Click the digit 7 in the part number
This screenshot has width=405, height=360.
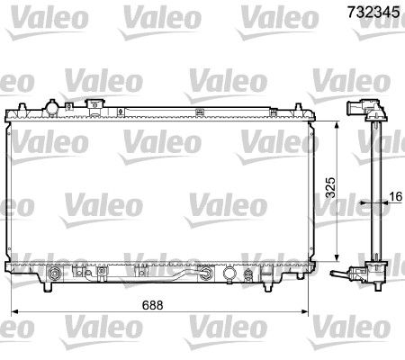coord(350,13)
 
